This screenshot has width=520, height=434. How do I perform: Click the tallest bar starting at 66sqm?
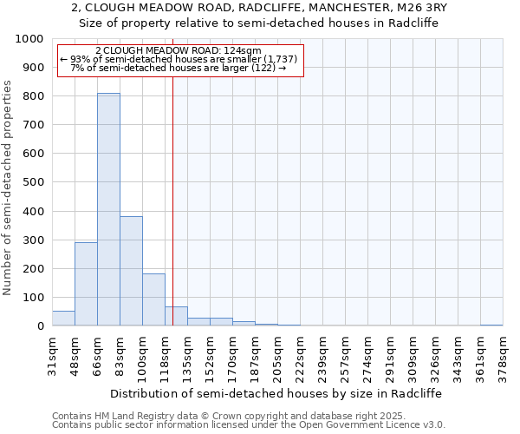[108, 209]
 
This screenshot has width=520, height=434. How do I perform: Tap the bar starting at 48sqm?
[86, 284]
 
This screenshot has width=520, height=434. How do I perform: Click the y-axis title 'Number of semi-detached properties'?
[9, 187]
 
